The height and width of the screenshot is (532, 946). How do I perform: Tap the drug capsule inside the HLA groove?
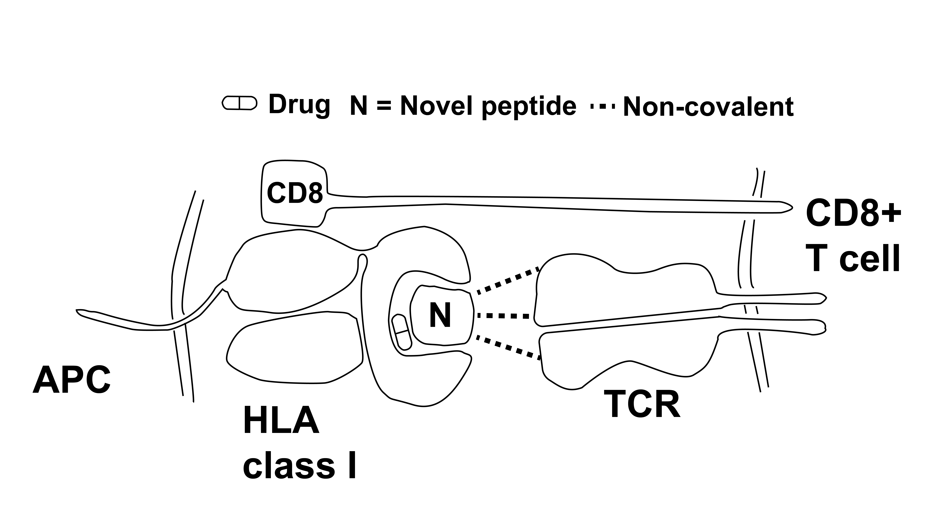pos(402,331)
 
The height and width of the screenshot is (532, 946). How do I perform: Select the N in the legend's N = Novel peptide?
pos(359,106)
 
